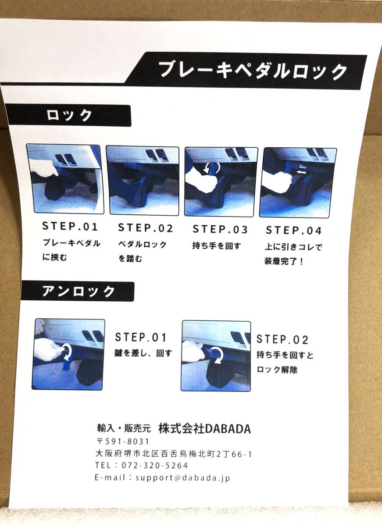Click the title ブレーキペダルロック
253,70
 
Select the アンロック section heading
79,291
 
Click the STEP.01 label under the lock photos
70,227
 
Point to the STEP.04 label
294,231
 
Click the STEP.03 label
220,229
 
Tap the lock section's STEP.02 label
146,228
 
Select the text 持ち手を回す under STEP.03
216,246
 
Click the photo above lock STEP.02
143,181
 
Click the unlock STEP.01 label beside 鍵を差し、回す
141,338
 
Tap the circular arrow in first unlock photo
67,351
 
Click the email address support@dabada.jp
183,478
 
